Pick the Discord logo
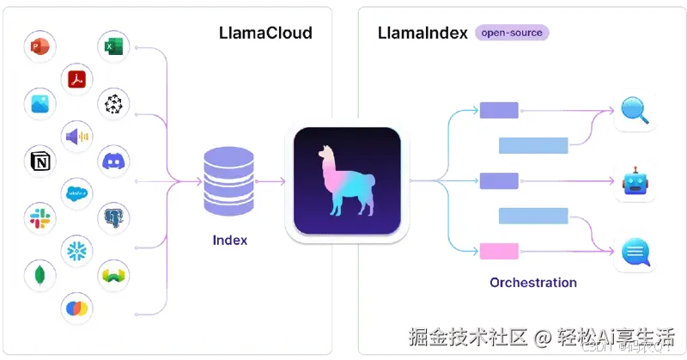coord(113,160)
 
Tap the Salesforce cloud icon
coord(76,194)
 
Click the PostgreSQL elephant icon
coord(113,217)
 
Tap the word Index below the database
coord(229,240)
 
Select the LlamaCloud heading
coord(264,34)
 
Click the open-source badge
coord(512,33)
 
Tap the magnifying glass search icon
coord(635,111)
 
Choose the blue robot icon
coord(635,182)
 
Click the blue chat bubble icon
coord(635,253)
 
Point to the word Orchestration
coord(532,282)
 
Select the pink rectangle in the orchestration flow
coord(499,252)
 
